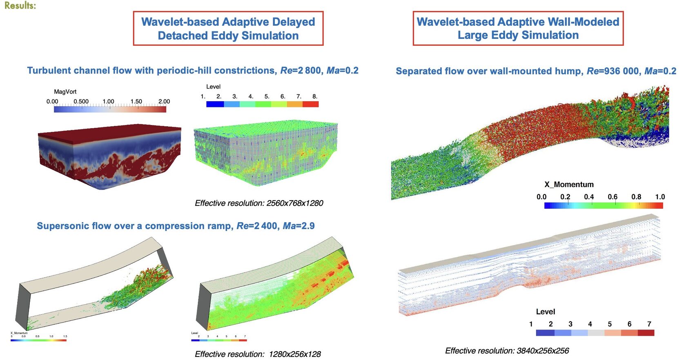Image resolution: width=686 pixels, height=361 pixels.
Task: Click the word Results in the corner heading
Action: tap(20, 5)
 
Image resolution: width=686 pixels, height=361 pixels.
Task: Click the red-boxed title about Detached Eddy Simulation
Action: tap(228, 29)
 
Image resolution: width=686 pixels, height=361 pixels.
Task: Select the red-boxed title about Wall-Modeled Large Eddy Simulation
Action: tap(518, 28)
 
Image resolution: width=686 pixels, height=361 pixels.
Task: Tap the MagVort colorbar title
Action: tap(65, 91)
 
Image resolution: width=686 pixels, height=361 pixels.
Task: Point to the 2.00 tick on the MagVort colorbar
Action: tap(164, 101)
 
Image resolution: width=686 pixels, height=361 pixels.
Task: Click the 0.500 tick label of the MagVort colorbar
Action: tap(81, 101)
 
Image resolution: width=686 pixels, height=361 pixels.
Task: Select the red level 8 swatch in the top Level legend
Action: tap(310, 104)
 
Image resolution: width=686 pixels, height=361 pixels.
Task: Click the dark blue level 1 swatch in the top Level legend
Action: tap(215, 104)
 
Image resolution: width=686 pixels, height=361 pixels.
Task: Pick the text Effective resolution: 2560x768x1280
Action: tap(258, 203)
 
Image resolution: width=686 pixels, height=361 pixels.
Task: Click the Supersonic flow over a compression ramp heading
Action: tap(176, 226)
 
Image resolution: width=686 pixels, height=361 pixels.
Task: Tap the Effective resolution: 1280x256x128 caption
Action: tap(258, 354)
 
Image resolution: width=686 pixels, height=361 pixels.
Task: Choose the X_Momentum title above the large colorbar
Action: tap(569, 184)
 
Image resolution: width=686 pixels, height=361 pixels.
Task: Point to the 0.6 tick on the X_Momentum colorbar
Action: tap(612, 197)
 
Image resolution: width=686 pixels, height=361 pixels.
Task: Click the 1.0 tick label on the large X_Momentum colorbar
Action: tap(660, 197)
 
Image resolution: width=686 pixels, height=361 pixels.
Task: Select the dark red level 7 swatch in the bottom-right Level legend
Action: tap(646, 333)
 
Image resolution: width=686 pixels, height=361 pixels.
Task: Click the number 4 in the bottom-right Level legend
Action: tap(590, 324)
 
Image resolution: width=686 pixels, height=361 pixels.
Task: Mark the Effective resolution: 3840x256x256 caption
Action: tap(507, 350)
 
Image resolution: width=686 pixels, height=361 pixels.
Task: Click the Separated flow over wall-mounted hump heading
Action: tap(536, 71)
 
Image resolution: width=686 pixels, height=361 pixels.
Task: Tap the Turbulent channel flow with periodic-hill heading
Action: tap(193, 70)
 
